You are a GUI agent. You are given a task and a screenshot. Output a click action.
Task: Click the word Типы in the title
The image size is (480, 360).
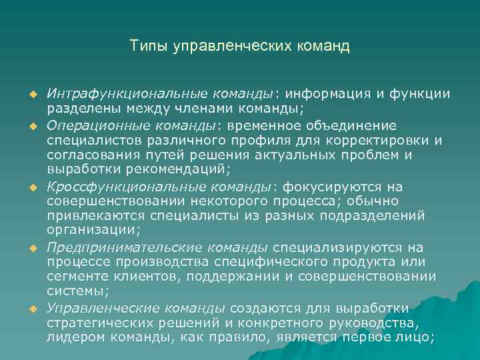click(x=148, y=47)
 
